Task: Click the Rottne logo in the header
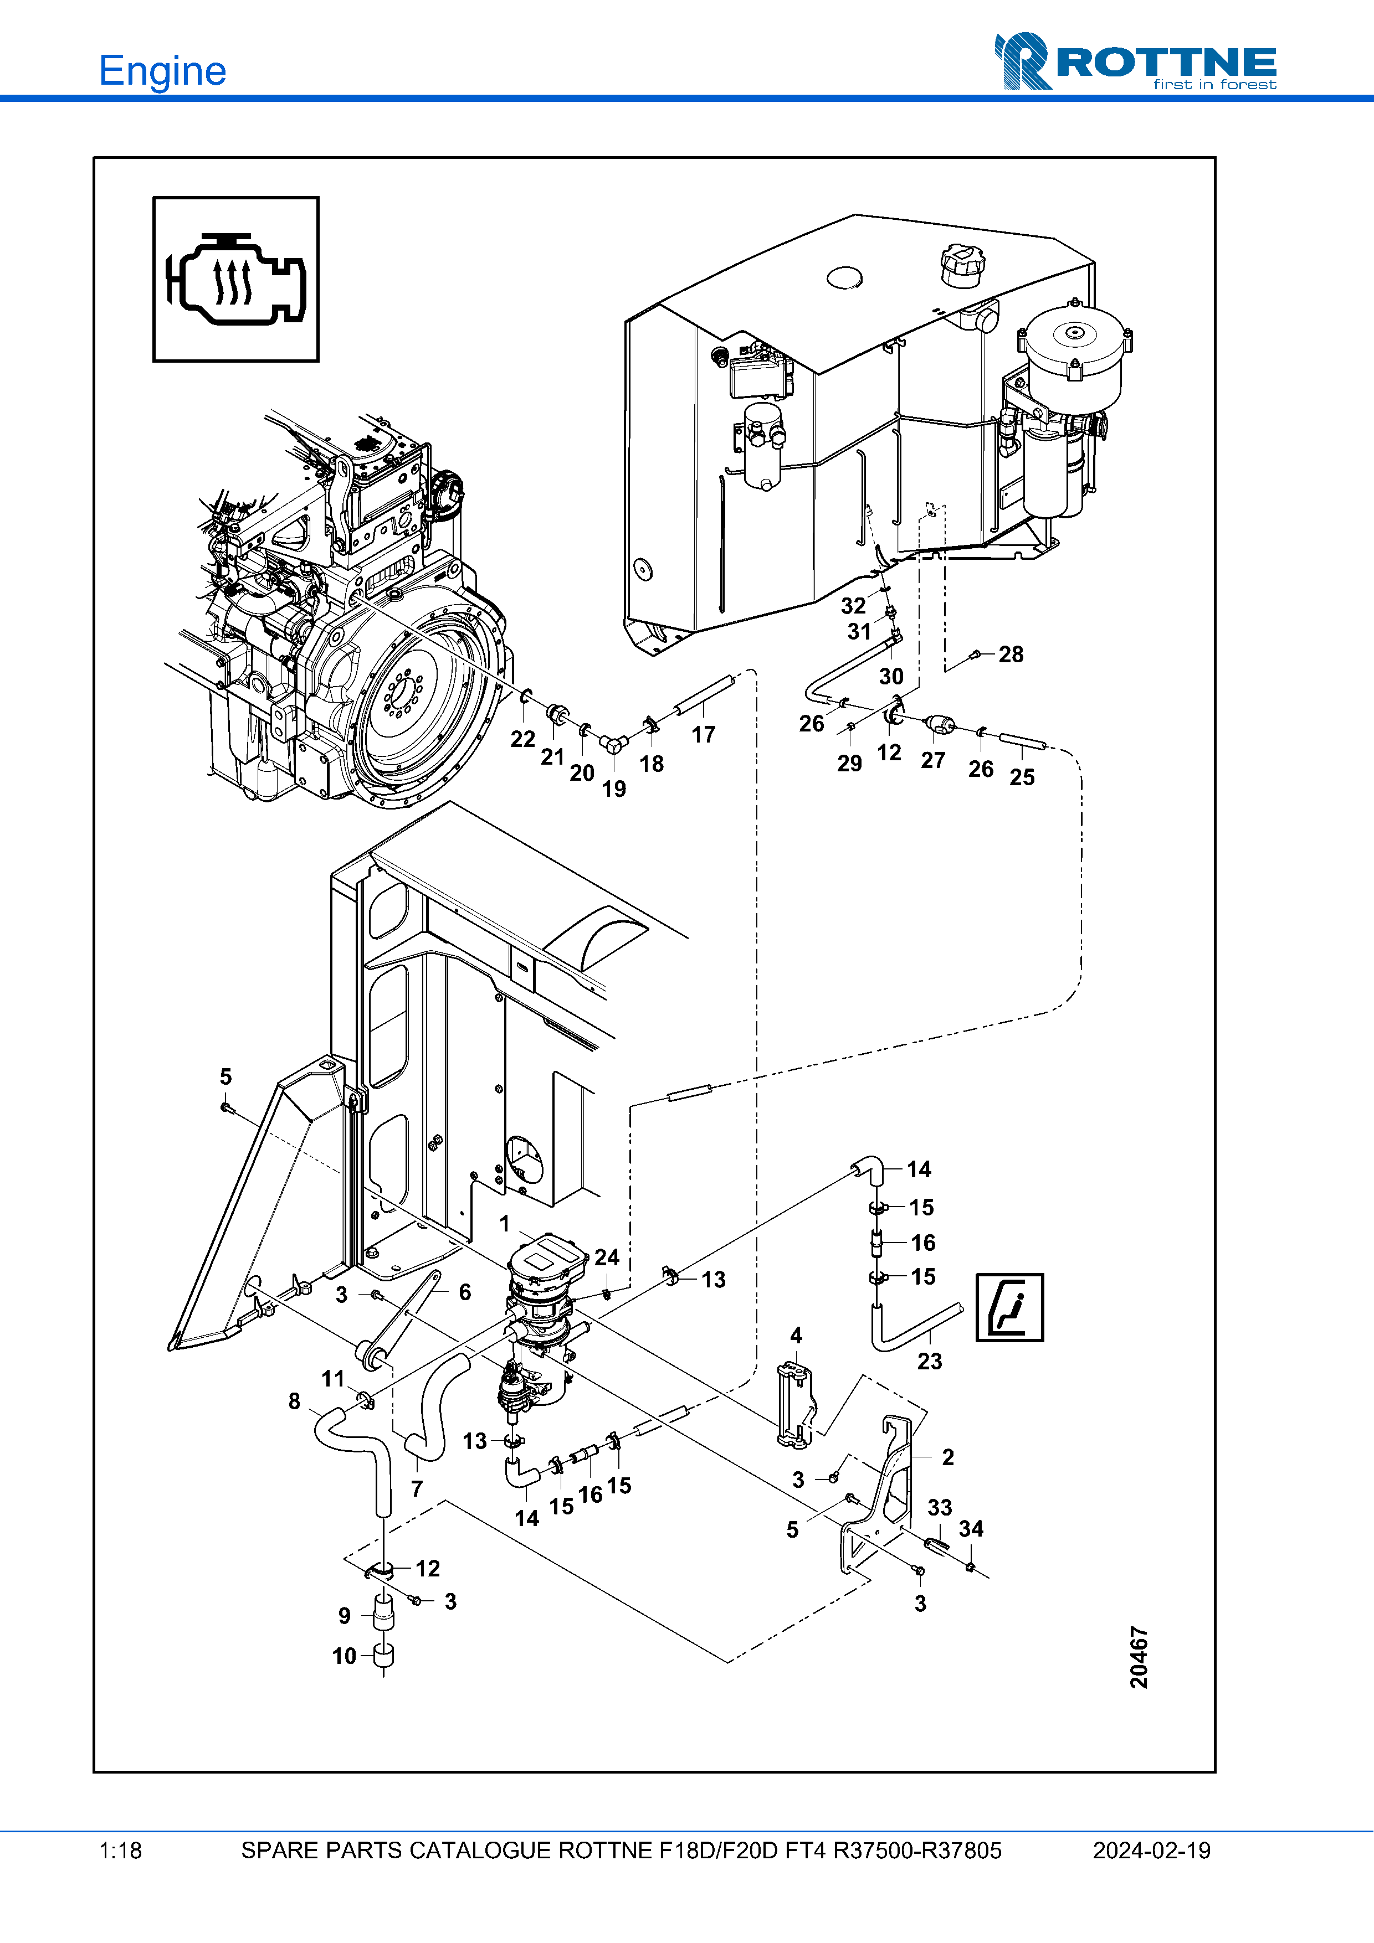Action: coord(1135,61)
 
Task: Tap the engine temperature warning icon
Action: coord(236,279)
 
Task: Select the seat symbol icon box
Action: coord(1010,1307)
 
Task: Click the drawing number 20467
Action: coord(1139,1657)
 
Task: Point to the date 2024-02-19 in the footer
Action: coord(1151,1851)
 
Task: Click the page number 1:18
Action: coord(120,1851)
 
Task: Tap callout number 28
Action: coord(1011,654)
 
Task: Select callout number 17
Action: coord(704,735)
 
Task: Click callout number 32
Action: coord(853,606)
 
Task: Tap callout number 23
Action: coord(930,1361)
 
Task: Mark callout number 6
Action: coord(465,1292)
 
